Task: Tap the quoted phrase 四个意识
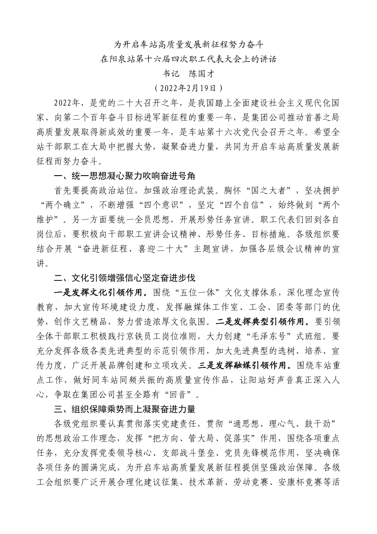169,205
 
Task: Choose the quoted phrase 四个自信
247,205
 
